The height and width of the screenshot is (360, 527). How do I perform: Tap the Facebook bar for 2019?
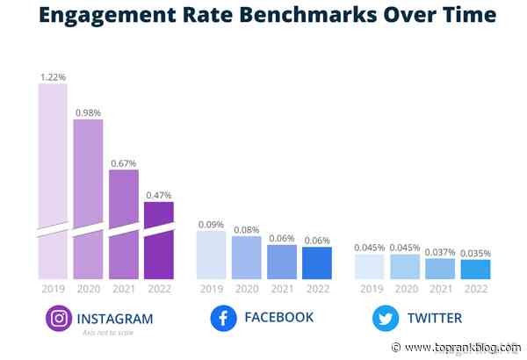pyautogui.click(x=211, y=256)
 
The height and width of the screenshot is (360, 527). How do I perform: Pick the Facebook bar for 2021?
pyautogui.click(x=281, y=262)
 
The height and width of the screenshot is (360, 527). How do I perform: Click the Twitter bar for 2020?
pyautogui.click(x=404, y=267)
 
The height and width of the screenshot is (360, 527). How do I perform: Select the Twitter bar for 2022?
pyautogui.click(x=474, y=270)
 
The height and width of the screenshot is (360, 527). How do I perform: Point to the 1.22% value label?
pyautogui.click(x=53, y=77)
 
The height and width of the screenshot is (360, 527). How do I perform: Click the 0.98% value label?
pyautogui.click(x=88, y=112)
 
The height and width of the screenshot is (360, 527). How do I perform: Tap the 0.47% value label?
pyautogui.click(x=159, y=195)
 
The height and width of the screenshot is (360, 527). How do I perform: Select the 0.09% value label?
pyautogui.click(x=211, y=224)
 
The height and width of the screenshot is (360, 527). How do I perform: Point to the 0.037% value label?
pyautogui.click(x=439, y=252)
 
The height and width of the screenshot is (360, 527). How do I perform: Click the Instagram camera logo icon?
pyautogui.click(x=59, y=319)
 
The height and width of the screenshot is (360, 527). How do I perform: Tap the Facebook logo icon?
pyautogui.click(x=224, y=319)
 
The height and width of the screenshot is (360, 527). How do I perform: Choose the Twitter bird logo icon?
pyautogui.click(x=385, y=319)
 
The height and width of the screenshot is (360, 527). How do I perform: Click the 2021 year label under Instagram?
pyautogui.click(x=123, y=289)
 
